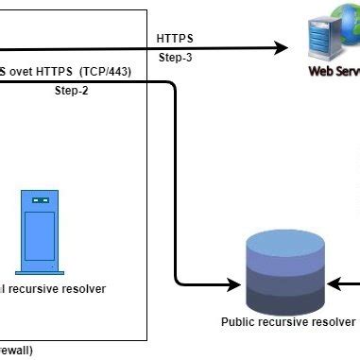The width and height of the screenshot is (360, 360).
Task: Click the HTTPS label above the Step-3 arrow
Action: pyautogui.click(x=175, y=38)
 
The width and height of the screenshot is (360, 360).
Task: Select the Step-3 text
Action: pyautogui.click(x=177, y=58)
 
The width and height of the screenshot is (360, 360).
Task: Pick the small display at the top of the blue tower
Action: pyautogui.click(x=40, y=201)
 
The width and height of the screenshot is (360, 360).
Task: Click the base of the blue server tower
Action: pyautogui.click(x=40, y=267)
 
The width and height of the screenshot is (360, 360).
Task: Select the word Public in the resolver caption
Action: pyautogui.click(x=238, y=322)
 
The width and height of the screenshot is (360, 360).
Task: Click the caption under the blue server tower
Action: pyautogui.click(x=52, y=289)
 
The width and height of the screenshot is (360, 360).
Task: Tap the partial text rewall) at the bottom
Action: pyautogui.click(x=16, y=351)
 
